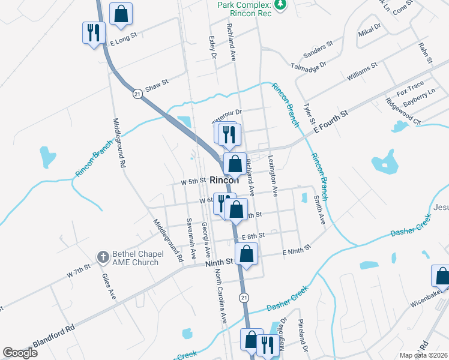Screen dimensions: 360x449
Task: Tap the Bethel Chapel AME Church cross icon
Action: (102, 257)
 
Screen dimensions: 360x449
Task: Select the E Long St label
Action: (124, 35)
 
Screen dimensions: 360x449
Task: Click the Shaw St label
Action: (157, 86)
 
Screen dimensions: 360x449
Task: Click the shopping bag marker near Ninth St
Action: (247, 254)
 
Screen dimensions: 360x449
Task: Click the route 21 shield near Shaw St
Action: (137, 94)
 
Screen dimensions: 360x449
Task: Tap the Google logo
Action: (20, 352)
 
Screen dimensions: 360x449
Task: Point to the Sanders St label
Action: (318, 50)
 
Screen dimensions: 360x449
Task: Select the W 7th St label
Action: (78, 271)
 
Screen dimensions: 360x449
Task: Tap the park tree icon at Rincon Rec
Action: (279, 5)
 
